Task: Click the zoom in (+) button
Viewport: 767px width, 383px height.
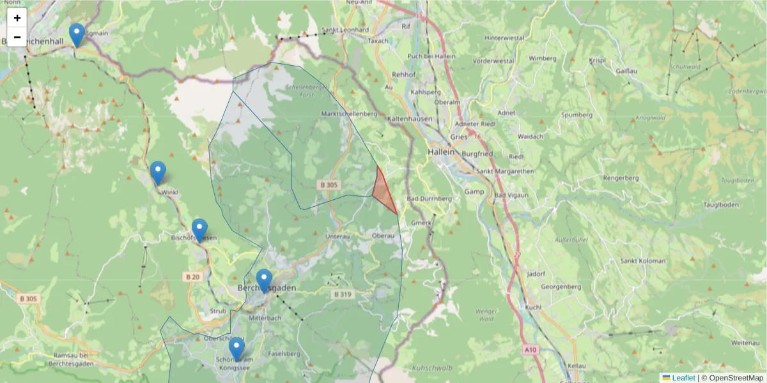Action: [x=17, y=18]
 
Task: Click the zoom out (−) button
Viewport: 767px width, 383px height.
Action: [x=17, y=37]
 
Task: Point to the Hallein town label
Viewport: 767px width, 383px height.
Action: [x=440, y=153]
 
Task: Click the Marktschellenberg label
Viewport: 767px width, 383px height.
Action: [x=350, y=114]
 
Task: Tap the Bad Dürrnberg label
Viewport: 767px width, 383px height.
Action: [x=429, y=199]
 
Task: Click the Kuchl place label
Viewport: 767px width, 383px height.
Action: [x=532, y=307]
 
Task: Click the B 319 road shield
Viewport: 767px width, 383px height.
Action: [x=343, y=294]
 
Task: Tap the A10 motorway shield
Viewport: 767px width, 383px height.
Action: [x=531, y=349]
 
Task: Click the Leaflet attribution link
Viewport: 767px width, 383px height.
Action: [x=683, y=378]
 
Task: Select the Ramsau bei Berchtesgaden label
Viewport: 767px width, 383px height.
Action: [x=70, y=359]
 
